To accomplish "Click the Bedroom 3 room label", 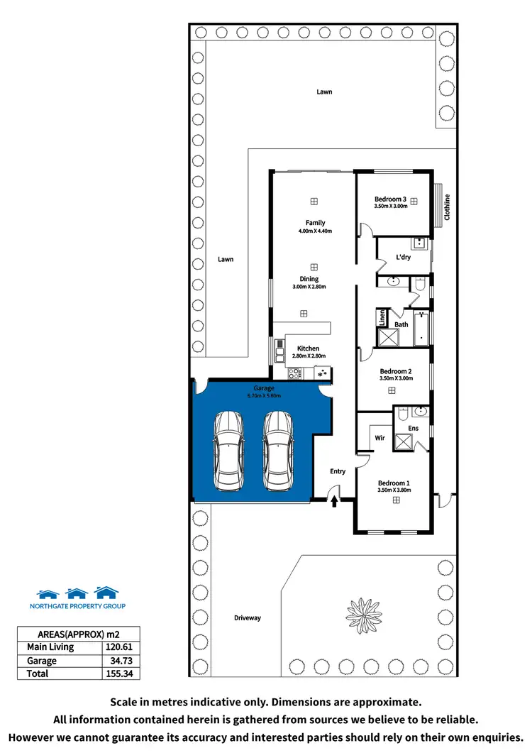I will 390,199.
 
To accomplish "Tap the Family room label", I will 315,223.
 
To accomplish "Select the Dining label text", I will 309,279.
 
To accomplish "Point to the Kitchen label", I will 308,348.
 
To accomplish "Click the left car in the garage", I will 228,450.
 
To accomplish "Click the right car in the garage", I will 277,450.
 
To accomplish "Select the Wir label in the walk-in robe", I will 379,438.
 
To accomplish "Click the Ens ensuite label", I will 413,428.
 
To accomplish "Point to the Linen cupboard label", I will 382,317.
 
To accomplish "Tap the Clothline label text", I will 447,207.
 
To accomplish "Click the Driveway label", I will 248,617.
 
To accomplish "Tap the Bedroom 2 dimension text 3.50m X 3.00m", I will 396,378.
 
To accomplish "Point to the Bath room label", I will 401,324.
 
